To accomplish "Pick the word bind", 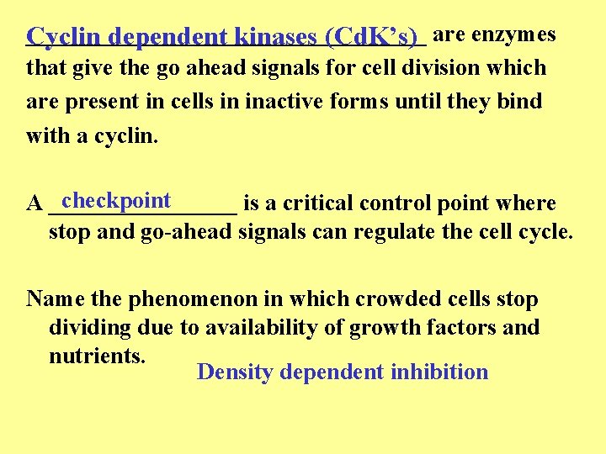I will [521, 102].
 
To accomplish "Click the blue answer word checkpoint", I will [116, 201].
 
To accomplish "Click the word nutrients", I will [98, 356].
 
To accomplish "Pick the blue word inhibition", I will [439, 372].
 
